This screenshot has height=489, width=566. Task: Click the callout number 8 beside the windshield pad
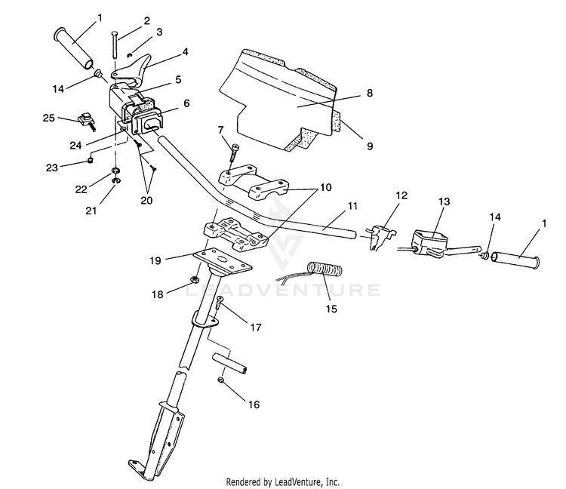point(369,93)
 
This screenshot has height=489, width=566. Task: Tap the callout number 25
point(49,118)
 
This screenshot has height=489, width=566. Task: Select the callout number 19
point(155,260)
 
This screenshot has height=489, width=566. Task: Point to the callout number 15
point(331,309)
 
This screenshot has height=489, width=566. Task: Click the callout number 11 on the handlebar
point(352,206)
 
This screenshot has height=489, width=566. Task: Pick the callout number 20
point(146,200)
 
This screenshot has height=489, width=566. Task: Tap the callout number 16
point(254,404)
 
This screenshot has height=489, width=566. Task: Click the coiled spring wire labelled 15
point(325,269)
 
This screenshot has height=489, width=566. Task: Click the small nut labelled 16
point(220,380)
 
